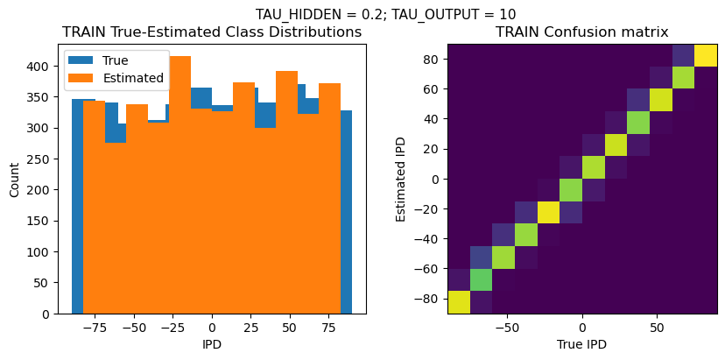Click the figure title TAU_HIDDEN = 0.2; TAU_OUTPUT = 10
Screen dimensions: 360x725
(385, 14)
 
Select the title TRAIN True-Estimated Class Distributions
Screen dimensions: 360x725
(212, 32)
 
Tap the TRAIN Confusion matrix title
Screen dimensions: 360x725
(582, 32)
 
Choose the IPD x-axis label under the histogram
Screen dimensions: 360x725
(211, 344)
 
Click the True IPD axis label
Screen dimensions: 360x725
(581, 344)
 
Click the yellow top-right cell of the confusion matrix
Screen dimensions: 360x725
(706, 55)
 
